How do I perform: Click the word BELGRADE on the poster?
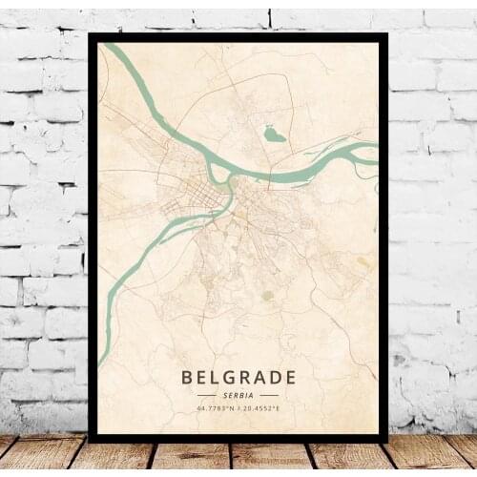238,377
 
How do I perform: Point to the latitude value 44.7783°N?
217,408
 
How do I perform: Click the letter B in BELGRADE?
187,377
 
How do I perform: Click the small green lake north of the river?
274,135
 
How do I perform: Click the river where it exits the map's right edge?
375,150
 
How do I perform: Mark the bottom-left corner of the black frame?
90,439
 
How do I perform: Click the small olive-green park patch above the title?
268,295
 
